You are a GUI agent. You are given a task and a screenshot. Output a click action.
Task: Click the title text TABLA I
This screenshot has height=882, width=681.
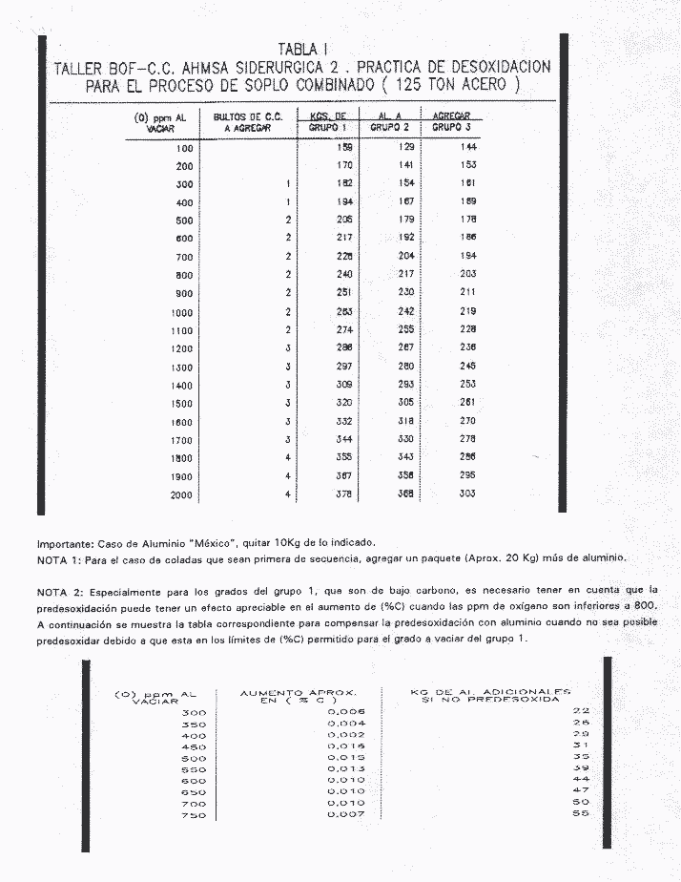304,50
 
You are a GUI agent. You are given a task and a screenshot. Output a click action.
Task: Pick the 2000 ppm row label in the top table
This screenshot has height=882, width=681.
181,494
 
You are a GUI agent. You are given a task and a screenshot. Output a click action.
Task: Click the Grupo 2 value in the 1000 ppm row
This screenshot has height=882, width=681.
406,311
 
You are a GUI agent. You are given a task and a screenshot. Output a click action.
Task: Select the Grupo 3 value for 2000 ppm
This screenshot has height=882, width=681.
466,493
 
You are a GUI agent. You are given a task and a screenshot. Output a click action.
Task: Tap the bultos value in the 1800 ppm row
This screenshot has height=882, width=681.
286,457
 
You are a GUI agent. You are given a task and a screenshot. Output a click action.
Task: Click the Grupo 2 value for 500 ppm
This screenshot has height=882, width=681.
406,220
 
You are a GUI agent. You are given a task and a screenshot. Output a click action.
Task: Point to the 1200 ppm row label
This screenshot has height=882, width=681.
181,348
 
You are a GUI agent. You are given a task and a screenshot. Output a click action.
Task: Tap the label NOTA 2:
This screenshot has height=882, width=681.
59,590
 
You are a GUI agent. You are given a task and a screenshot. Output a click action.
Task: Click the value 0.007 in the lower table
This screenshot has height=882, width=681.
345,814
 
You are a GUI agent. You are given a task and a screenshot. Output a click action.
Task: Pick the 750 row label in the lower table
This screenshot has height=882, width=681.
194,815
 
